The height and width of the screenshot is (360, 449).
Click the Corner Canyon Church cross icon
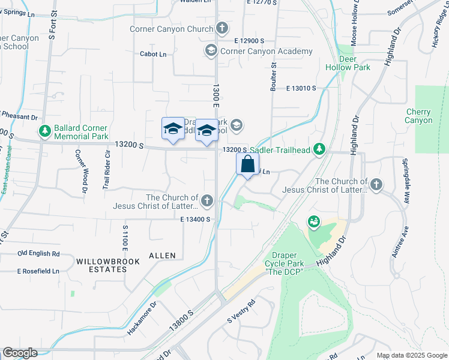[222, 28]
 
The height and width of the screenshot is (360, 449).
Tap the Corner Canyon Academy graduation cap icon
[211, 51]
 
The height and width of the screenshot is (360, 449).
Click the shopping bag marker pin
[248, 164]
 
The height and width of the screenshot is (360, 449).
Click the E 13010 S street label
[297, 88]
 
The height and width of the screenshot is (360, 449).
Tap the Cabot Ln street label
[153, 54]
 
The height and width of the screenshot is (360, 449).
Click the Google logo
[20, 353]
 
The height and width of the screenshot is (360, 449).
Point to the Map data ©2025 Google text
[412, 355]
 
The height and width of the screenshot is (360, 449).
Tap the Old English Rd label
[39, 254]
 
